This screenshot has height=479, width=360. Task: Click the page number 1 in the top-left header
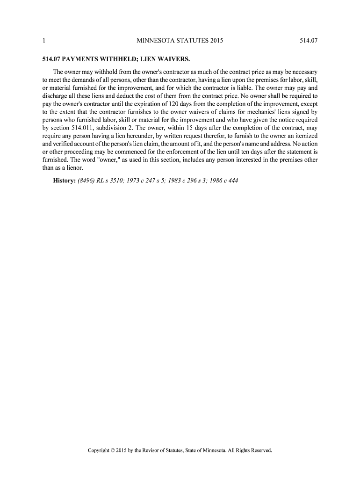pos(43,41)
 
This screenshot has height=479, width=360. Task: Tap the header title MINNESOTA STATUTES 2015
pos(180,41)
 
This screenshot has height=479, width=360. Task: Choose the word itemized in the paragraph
pos(305,135)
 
